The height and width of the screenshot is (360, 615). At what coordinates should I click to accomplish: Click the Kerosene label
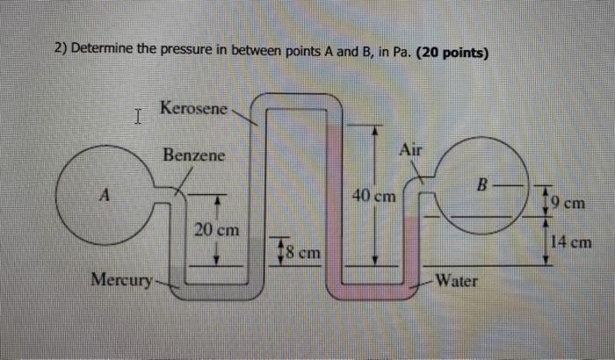(x=193, y=109)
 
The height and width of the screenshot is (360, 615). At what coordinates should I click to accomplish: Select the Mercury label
(x=120, y=281)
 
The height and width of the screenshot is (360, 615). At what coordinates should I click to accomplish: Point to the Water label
(x=457, y=281)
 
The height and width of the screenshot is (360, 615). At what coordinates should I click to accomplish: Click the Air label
(x=410, y=150)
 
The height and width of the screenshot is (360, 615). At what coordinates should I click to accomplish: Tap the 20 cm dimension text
(x=216, y=230)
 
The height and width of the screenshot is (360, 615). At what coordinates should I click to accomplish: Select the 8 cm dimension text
(x=302, y=252)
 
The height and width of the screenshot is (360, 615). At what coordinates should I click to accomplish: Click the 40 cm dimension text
(x=374, y=195)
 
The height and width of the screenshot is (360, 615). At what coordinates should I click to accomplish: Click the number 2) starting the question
(x=61, y=50)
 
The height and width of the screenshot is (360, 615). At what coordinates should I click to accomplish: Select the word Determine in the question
(x=104, y=50)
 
